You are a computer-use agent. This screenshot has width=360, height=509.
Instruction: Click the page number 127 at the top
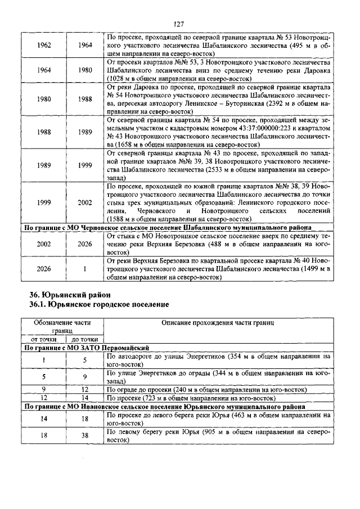(x=179, y=24)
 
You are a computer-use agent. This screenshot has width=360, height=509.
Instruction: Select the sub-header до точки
(x=84, y=340)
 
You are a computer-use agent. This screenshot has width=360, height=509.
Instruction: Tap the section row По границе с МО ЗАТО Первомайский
(x=93, y=348)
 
